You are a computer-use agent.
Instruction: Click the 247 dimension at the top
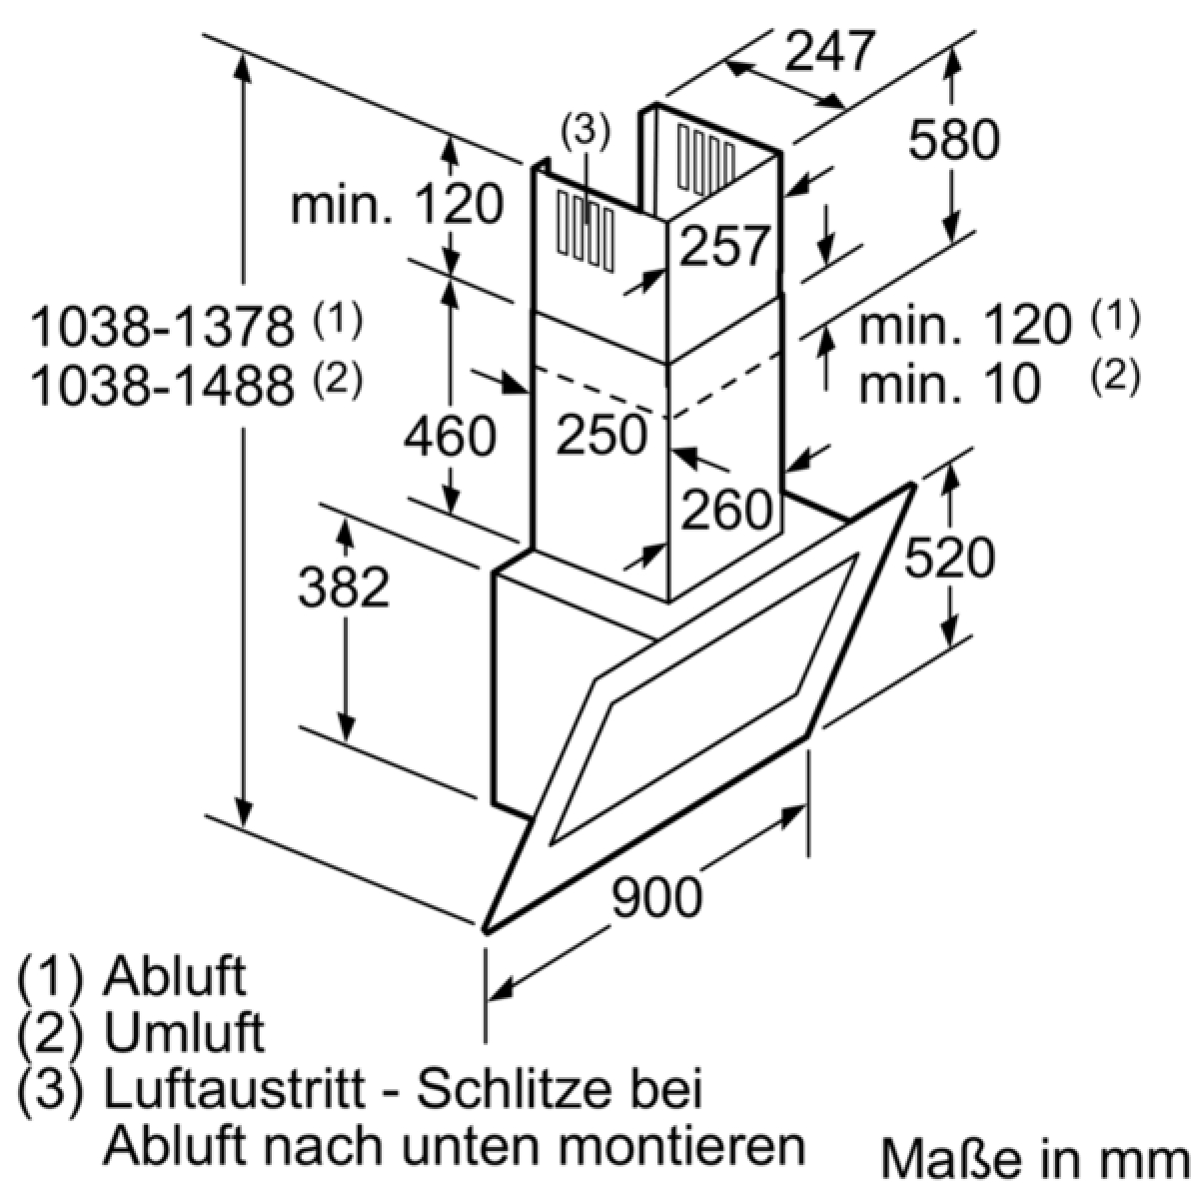coord(830,50)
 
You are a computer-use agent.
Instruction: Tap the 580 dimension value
coord(953,139)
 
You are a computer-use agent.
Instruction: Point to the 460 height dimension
coord(450,436)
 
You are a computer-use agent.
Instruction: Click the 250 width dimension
coord(601,434)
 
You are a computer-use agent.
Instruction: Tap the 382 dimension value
coord(344,587)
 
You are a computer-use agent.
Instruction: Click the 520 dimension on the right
coord(949,556)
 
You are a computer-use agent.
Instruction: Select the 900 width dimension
coord(657,896)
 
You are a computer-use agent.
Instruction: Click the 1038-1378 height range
coord(162,327)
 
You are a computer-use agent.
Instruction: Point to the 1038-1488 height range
coord(162,385)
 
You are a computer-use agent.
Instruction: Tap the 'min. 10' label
coord(949,384)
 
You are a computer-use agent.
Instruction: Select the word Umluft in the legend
coord(184,1033)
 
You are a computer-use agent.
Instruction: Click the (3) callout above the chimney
coord(586,133)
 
